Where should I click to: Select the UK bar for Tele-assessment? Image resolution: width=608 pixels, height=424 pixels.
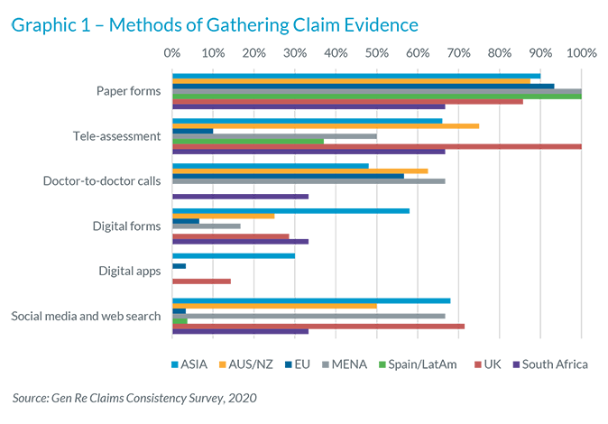point(376,146)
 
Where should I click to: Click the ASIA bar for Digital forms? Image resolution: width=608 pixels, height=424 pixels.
point(290,211)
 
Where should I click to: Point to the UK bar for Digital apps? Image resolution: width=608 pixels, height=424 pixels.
point(201,281)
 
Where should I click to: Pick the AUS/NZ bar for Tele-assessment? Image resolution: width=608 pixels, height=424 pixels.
point(326,126)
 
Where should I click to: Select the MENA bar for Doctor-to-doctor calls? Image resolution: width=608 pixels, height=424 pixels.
point(309,181)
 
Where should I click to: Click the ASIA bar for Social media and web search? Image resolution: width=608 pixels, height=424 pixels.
point(311,301)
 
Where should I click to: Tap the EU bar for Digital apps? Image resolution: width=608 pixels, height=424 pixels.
point(179,266)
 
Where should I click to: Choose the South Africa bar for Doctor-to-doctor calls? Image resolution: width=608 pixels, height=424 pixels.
point(240,196)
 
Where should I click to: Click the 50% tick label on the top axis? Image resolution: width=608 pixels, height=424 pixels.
point(376,52)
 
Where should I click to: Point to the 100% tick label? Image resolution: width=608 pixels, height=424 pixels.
point(580,52)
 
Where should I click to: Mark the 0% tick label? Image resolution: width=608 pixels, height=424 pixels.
point(172,52)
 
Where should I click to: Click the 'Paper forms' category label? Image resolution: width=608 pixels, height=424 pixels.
point(128,91)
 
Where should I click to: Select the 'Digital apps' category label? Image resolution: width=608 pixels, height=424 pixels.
point(130,271)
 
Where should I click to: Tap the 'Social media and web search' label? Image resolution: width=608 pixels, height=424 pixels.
point(86,316)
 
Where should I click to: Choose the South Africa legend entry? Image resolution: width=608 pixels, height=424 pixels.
point(549,364)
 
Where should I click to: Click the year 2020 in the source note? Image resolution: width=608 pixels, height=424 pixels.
point(240,397)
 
